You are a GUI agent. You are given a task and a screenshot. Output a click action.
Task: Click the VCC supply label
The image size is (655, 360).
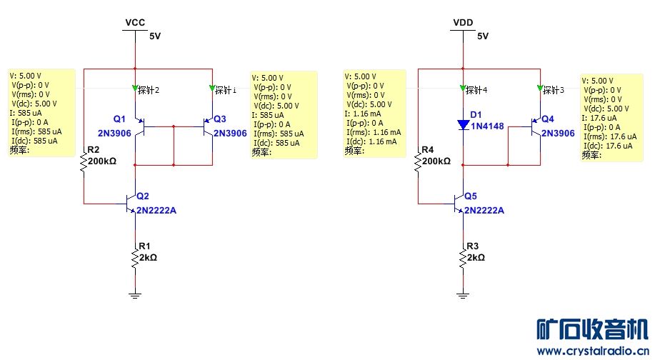pyautogui.click(x=135, y=23)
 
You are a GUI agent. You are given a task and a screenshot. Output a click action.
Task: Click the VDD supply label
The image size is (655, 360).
pyautogui.click(x=464, y=23)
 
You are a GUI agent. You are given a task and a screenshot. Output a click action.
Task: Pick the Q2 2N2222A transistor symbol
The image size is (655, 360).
pyautogui.click(x=131, y=204)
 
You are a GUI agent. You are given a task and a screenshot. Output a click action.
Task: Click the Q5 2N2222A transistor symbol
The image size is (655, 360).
pyautogui.click(x=459, y=204)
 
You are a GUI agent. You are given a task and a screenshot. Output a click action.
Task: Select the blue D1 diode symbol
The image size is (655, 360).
pyautogui.click(x=464, y=126)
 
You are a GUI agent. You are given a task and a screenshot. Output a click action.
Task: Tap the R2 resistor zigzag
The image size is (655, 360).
pyautogui.click(x=84, y=163)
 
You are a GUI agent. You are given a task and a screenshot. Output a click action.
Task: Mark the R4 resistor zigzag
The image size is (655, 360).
pyautogui.click(x=417, y=163)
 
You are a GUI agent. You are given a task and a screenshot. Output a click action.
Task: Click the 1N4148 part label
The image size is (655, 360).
pyautogui.click(x=487, y=126)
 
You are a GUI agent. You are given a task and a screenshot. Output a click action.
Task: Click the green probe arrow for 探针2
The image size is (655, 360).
pyautogui.click(x=135, y=89)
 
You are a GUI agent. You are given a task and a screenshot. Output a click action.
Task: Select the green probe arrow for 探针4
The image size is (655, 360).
pyautogui.click(x=464, y=89)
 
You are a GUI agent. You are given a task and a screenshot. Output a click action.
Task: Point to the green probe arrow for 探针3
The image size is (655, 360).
pyautogui.click(x=540, y=89)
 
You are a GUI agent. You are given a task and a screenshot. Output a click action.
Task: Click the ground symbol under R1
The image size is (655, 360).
pyautogui.click(x=135, y=293)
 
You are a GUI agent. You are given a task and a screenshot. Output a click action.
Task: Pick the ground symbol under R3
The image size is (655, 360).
pyautogui.click(x=464, y=293)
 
